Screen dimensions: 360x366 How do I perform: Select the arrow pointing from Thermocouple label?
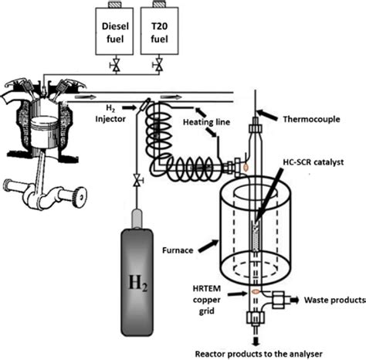(266, 115)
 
